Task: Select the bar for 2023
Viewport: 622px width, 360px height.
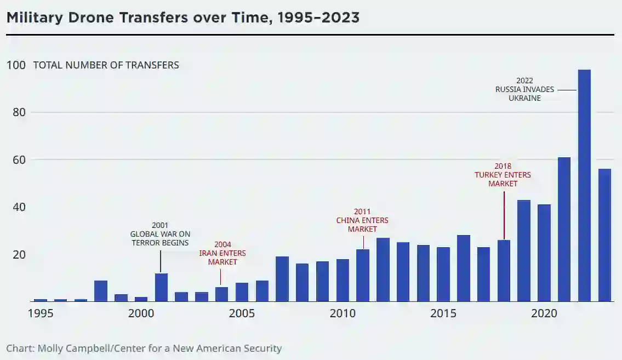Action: (604, 235)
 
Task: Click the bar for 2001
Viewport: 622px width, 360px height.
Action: (161, 287)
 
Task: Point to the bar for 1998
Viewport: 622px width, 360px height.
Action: (101, 291)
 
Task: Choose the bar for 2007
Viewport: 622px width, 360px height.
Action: (282, 279)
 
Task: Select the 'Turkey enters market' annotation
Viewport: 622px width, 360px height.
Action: (503, 175)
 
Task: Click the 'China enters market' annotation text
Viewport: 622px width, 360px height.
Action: (362, 220)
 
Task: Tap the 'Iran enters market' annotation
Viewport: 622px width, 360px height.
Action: (222, 253)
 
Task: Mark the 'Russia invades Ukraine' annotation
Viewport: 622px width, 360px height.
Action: (524, 89)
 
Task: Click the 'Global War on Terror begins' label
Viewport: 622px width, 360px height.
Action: (160, 234)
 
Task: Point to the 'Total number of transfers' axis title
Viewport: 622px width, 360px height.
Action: (106, 65)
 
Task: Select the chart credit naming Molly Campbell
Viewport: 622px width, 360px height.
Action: (144, 348)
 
